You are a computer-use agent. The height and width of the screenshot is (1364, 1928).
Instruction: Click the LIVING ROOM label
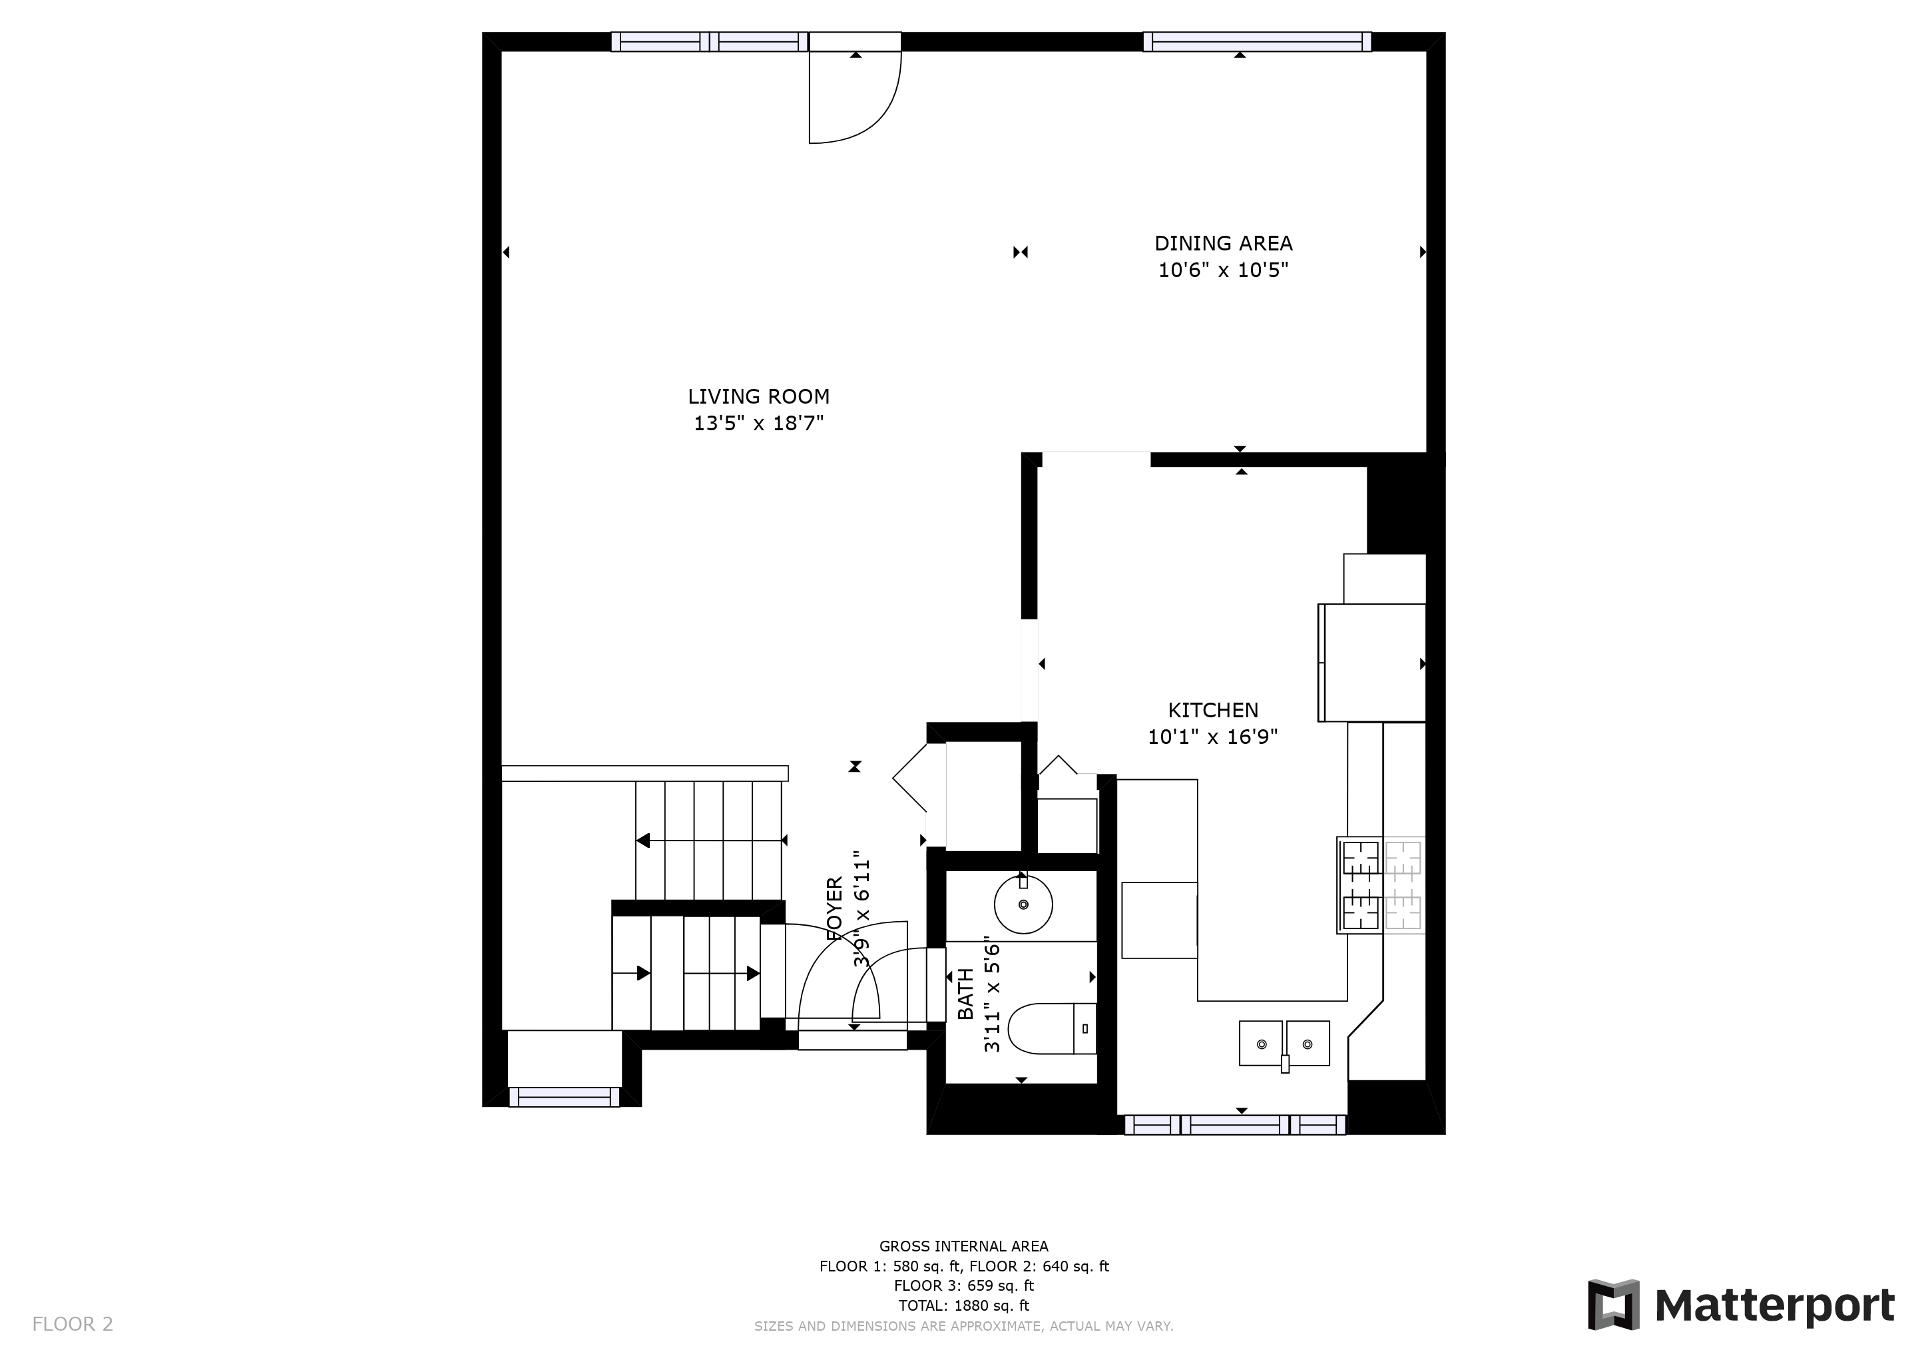(x=758, y=396)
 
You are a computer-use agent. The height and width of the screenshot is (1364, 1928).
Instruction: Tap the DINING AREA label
(x=1224, y=244)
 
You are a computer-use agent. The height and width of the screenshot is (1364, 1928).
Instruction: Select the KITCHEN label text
(x=1214, y=711)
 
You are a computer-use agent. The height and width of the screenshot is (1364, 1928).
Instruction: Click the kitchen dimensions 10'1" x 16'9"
(x=1214, y=737)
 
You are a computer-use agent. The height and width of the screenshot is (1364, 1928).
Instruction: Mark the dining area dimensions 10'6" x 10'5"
(x=1224, y=270)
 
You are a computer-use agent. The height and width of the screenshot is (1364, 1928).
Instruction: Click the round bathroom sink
(x=1023, y=904)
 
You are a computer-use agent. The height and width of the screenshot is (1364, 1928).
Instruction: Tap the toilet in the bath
(x=1051, y=1028)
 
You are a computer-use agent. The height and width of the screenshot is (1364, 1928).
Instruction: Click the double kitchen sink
(x=1284, y=1044)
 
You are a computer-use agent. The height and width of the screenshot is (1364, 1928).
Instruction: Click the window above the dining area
(x=1257, y=41)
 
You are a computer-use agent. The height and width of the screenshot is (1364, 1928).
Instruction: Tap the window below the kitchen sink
(x=1235, y=1125)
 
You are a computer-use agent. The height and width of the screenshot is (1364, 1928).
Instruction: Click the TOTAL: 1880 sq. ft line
(x=963, y=1305)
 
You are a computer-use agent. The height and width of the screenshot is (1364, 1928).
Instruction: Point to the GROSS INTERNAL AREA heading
(x=963, y=1246)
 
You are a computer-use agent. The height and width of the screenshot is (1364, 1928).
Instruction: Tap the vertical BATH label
(x=966, y=994)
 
